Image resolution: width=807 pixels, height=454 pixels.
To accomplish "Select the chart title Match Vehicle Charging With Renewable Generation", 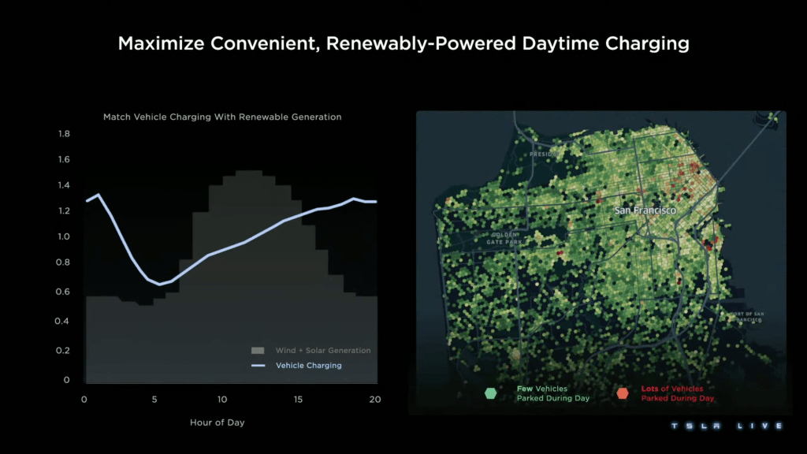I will tap(222, 117).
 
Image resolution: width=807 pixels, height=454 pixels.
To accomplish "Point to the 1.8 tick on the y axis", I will tap(64, 134).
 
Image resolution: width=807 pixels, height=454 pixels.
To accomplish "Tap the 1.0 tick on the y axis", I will tap(64, 236).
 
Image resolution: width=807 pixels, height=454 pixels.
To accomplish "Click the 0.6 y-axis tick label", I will tap(64, 292).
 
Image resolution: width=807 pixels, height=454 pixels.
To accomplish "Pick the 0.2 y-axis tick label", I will tap(64, 351).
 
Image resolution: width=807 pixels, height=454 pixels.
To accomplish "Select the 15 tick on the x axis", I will tap(299, 400).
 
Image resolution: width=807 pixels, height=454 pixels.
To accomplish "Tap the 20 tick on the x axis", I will tap(374, 400).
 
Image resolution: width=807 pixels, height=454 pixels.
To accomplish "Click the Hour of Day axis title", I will tap(217, 422).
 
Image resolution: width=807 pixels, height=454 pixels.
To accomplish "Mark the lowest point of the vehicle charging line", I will tap(159, 284).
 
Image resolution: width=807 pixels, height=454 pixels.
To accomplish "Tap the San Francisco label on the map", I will tap(645, 210).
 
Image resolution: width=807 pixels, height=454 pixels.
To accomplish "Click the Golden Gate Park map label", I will tap(504, 238).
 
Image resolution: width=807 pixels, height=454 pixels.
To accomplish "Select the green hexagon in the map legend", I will tap(491, 393).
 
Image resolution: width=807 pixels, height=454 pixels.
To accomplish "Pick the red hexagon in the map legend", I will tap(623, 393).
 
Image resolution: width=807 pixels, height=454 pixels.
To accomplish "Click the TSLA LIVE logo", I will tap(726, 426).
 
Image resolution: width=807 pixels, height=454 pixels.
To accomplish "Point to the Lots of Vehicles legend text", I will tap(671, 389).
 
